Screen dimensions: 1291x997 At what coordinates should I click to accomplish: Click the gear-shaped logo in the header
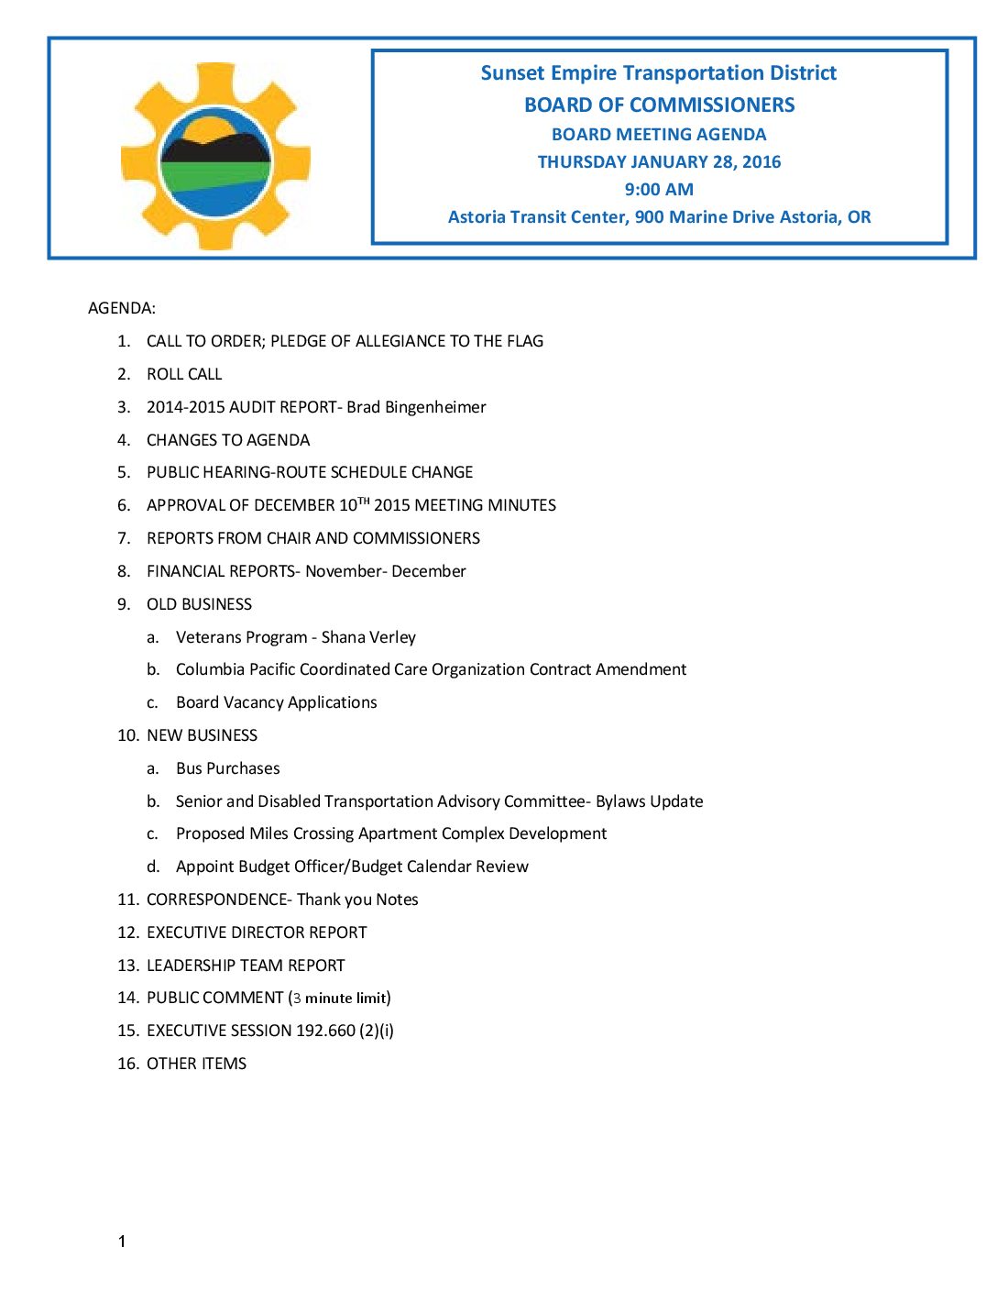point(215,157)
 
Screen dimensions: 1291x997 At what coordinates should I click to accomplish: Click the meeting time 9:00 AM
point(659,190)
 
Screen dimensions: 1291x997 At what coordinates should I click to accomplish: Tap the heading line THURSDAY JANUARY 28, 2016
point(659,162)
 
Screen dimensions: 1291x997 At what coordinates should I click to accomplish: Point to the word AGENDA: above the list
point(122,308)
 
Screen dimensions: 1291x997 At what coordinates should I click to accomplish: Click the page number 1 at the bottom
point(122,1241)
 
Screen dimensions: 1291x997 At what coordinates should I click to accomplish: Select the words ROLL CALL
point(184,374)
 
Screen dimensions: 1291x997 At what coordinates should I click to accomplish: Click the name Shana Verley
point(368,637)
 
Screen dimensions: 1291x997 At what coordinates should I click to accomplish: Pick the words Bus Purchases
point(228,768)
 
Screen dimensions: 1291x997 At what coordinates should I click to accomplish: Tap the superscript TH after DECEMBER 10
point(364,501)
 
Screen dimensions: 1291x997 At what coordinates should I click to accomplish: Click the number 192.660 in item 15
point(325,1031)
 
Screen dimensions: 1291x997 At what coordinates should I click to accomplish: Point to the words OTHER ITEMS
point(196,1064)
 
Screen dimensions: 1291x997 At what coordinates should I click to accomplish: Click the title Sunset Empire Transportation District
point(659,73)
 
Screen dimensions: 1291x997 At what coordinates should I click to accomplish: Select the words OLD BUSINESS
point(199,604)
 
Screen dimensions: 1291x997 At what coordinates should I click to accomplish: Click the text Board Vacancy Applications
point(277,702)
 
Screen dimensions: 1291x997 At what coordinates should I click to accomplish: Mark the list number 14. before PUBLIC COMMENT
point(127,998)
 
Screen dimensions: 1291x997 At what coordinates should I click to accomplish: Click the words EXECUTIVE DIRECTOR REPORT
point(257,932)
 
